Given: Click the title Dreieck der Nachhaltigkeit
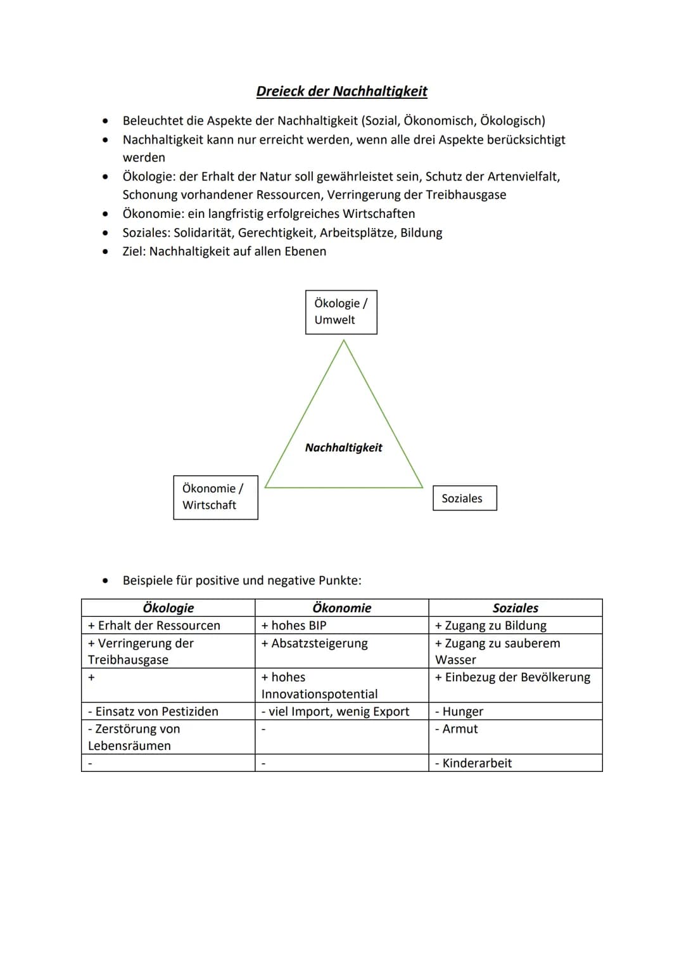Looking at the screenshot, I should point(341,91).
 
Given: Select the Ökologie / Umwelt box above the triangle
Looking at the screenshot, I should point(341,312).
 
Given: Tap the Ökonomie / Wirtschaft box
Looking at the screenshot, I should point(215,497).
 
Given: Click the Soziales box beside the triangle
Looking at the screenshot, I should point(464,498).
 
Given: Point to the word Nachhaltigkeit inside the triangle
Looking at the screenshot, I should point(343,448).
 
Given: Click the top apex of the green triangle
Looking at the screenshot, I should point(344,341).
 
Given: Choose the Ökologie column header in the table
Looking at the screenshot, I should point(168,608).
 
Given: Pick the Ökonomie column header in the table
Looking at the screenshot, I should point(341,608).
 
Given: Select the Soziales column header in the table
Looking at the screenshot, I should point(515,608).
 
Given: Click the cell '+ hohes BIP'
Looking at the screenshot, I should point(294,626).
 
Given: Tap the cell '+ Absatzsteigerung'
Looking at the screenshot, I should point(314,643).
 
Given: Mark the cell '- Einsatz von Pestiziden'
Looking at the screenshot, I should point(153,712).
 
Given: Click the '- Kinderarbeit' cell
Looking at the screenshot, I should point(474,763).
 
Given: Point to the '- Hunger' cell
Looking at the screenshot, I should point(459,712).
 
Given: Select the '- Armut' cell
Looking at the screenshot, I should point(457,729).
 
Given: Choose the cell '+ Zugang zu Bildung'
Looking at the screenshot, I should point(491,626).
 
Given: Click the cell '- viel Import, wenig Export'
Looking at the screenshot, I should point(336,712).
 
